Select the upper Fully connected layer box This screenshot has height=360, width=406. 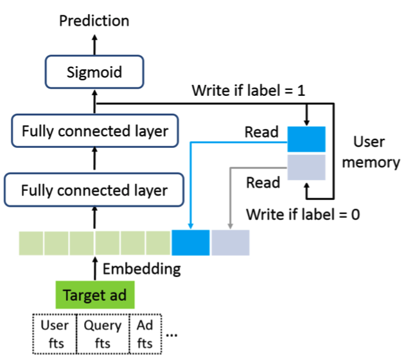click(x=94, y=131)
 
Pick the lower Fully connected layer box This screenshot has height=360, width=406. click(x=94, y=190)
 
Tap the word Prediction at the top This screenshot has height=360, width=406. click(x=94, y=21)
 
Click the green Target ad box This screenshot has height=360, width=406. click(x=94, y=296)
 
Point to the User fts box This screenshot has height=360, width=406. click(x=53, y=334)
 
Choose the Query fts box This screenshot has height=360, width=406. click(x=103, y=334)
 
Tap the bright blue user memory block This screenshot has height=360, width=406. click(x=306, y=138)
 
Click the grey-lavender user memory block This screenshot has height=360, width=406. click(x=306, y=166)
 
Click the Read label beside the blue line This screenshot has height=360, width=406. click(x=261, y=132)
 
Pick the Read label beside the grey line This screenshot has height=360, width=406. click(x=263, y=183)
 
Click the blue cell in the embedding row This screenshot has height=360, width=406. click(x=191, y=243)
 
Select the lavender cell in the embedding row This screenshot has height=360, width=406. click(x=230, y=243)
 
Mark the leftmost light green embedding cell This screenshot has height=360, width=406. click(x=30, y=243)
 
